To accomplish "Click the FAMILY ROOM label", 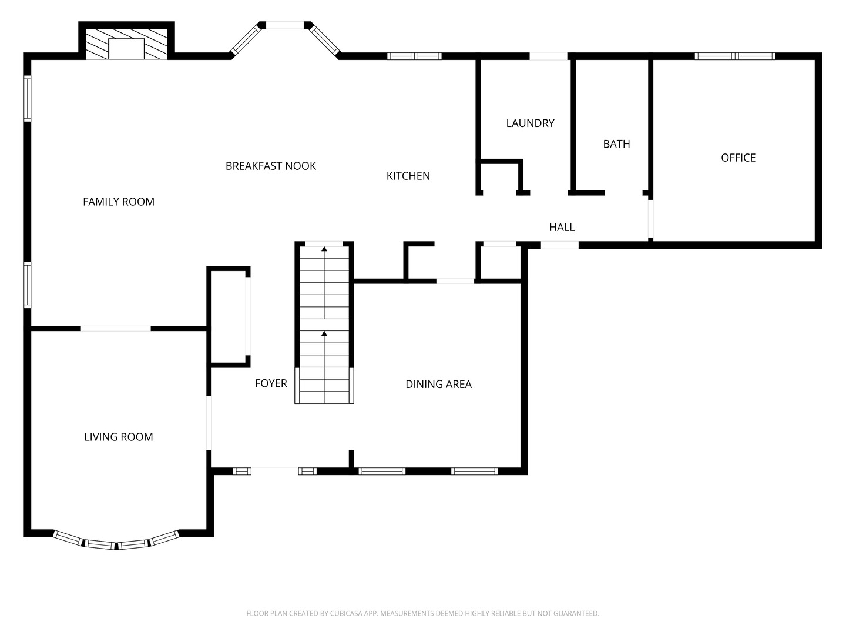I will pyautogui.click(x=118, y=202).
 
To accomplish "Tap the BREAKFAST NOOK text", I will pyautogui.click(x=270, y=166).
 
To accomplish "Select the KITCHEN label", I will pyautogui.click(x=408, y=176).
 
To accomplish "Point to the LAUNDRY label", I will pyautogui.click(x=530, y=123).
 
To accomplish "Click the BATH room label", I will pyautogui.click(x=616, y=143).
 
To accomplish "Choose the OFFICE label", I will pyautogui.click(x=738, y=158).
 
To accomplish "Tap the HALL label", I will pyautogui.click(x=562, y=227).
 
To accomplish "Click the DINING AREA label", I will pyautogui.click(x=438, y=384).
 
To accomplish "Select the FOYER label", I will pyautogui.click(x=271, y=383).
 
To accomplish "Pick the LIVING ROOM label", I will pyautogui.click(x=118, y=437).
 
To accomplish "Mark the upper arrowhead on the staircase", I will pyautogui.click(x=324, y=249).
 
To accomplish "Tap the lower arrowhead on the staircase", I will pyautogui.click(x=324, y=334).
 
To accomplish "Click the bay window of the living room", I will pyautogui.click(x=116, y=542).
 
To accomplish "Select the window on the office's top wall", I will pyautogui.click(x=734, y=56).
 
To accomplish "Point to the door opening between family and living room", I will pyautogui.click(x=116, y=329).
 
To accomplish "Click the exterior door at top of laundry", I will pyautogui.click(x=548, y=56).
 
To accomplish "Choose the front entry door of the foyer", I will pyautogui.click(x=274, y=470).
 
